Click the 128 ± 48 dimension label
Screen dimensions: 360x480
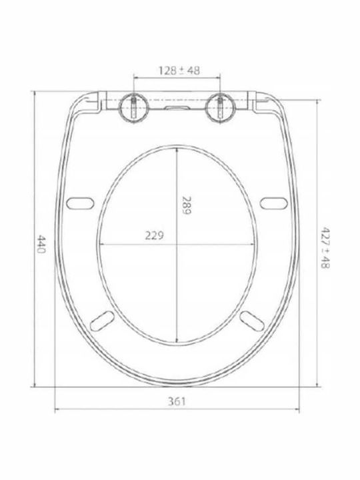pyautogui.click(x=179, y=71)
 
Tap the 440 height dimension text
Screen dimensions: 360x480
pyautogui.click(x=41, y=244)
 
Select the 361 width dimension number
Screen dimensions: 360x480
pyautogui.click(x=177, y=401)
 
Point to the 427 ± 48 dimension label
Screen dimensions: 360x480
pyautogui.click(x=325, y=247)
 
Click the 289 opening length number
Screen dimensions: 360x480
pyautogui.click(x=186, y=205)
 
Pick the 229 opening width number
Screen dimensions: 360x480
pyautogui.click(x=154, y=235)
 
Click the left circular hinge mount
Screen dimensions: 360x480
pyautogui.click(x=134, y=107)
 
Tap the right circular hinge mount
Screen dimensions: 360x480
pyautogui.click(x=221, y=107)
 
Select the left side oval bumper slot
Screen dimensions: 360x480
pyautogui.click(x=80, y=203)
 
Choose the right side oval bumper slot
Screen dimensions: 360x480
pyautogui.click(x=274, y=203)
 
